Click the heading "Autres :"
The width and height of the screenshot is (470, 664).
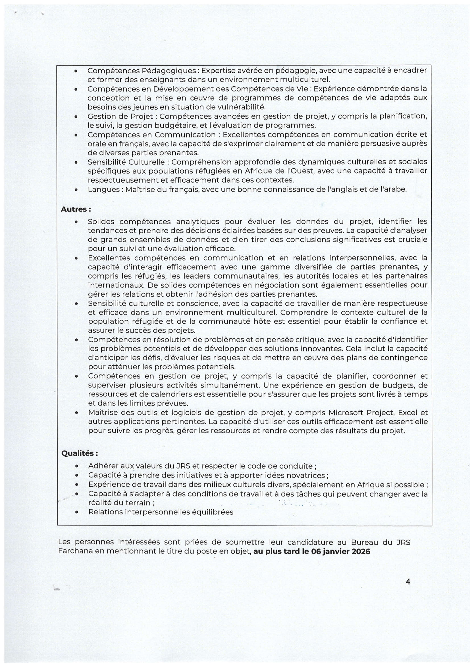[x=76, y=210]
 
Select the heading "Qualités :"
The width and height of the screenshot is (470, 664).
[x=80, y=453]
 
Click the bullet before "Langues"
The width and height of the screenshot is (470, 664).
[x=76, y=190]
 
